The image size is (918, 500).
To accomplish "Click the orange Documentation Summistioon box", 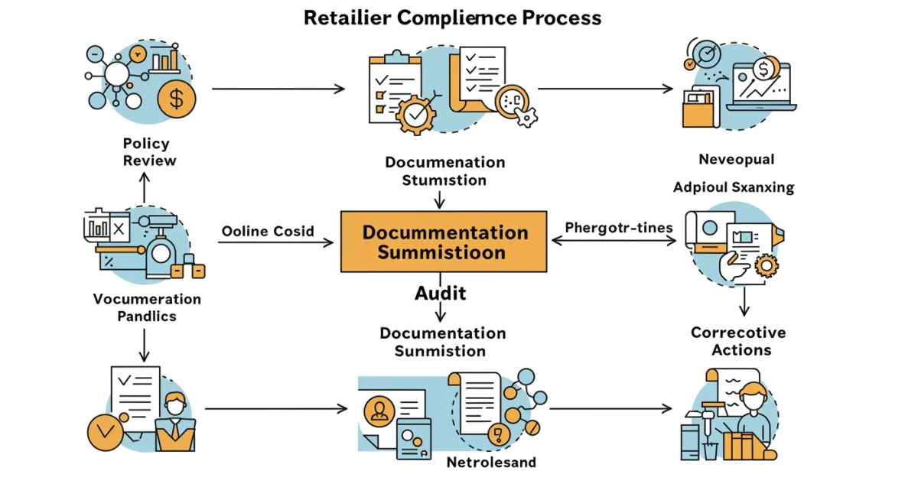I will point(444,242).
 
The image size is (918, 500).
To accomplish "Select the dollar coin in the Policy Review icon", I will point(177,99).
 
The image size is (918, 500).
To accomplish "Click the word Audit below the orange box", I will point(441,294).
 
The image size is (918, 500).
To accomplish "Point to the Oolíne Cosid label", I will point(268,231).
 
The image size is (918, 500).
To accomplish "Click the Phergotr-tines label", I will point(619,228).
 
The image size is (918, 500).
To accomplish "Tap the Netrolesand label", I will point(491,463).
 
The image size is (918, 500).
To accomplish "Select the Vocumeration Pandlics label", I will point(147,307).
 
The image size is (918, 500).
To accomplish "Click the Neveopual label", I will point(736,160).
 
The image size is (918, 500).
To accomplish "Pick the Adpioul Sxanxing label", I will point(734,187).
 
